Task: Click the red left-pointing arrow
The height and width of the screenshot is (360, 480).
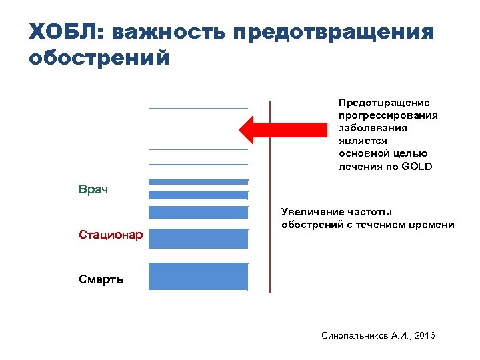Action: [273, 129]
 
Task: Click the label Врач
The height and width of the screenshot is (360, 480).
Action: [93, 190]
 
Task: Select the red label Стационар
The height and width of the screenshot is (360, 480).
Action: [110, 235]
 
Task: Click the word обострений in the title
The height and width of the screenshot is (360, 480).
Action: [99, 58]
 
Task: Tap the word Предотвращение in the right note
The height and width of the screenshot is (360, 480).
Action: [384, 103]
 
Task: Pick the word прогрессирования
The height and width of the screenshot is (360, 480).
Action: [388, 115]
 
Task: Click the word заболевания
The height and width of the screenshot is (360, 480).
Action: [373, 128]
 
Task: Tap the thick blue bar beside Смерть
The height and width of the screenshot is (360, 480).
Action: [198, 276]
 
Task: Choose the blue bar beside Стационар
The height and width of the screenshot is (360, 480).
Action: [198, 238]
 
